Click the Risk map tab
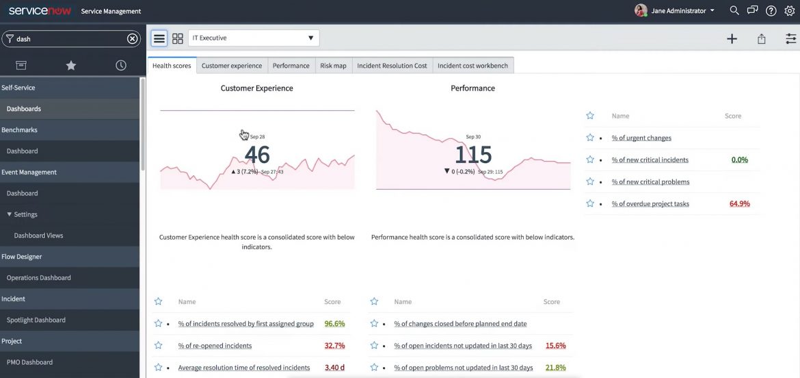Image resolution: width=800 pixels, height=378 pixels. pos(333,66)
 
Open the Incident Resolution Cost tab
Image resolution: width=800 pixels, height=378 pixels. pos(392,66)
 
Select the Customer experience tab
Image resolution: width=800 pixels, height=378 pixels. pos(231,66)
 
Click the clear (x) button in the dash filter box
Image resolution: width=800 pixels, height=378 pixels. pos(133,39)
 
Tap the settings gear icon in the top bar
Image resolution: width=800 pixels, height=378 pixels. pos(790,11)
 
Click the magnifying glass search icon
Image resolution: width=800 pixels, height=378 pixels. pos(734,11)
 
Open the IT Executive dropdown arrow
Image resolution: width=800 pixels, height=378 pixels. pos(310,38)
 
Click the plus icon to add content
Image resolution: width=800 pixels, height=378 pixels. pos(732,39)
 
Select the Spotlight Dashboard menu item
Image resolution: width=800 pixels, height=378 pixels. pos(36,320)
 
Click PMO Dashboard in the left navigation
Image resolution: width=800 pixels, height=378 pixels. pos(29,362)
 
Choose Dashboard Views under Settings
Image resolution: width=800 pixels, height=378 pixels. pos(38,236)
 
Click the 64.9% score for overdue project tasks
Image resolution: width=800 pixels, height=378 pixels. pos(739,204)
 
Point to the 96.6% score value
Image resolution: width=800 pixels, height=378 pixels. pos(334,324)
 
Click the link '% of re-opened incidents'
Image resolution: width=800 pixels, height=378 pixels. pos(215,346)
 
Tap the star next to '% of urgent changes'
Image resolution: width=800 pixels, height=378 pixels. pos(590,138)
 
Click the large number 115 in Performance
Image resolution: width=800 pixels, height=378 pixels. pos(472,154)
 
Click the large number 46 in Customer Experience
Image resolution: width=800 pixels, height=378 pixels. pos(257,154)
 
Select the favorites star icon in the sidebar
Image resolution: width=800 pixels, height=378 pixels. pos(71,65)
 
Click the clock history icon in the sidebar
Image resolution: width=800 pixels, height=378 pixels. pos(121,65)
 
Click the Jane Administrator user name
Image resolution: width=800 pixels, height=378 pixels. pos(678,11)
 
